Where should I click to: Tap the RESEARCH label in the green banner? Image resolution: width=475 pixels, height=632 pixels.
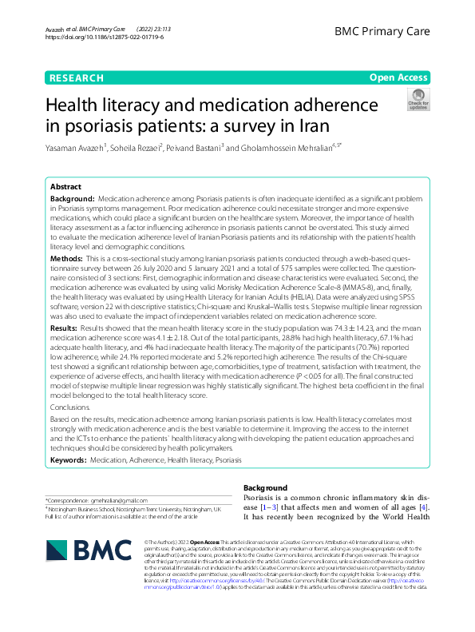point(76,78)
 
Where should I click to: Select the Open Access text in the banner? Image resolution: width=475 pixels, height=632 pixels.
point(398,78)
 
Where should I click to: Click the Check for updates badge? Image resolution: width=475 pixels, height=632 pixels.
point(417,100)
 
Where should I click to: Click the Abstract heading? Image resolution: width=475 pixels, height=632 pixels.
point(65,185)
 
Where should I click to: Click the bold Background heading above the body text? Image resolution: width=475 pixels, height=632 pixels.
point(264,487)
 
